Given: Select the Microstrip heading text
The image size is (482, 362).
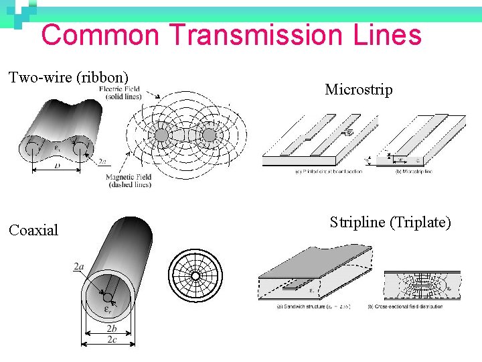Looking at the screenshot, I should pyautogui.click(x=359, y=89).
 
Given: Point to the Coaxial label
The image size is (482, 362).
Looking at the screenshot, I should pyautogui.click(x=33, y=230).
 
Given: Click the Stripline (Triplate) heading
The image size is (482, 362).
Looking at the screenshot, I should pyautogui.click(x=390, y=223).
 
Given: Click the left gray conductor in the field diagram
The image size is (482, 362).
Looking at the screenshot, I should pyautogui.click(x=162, y=135).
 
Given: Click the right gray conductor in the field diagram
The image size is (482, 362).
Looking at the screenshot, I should pyautogui.click(x=209, y=135).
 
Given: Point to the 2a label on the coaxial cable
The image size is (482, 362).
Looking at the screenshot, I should pyautogui.click(x=79, y=267).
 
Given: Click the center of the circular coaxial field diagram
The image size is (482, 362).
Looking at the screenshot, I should pyautogui.click(x=195, y=276).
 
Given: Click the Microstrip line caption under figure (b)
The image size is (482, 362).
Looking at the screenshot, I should pyautogui.click(x=414, y=172).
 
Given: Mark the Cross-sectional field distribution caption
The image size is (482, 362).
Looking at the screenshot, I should pyautogui.click(x=414, y=306).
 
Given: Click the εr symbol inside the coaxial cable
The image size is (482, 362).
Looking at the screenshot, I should pyautogui.click(x=107, y=308).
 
